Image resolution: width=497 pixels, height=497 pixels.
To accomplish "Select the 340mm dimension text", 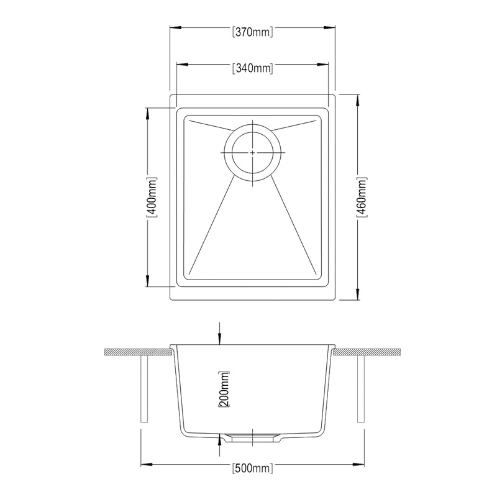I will tap(252, 68).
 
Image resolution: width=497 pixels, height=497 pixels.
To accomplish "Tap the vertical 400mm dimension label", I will tap(152, 197).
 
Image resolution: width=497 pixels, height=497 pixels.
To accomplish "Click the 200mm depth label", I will tap(224, 389).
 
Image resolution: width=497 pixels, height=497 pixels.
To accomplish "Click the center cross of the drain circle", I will tap(253, 152).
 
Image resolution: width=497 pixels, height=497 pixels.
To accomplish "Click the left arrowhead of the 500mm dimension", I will tap(145, 463).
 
